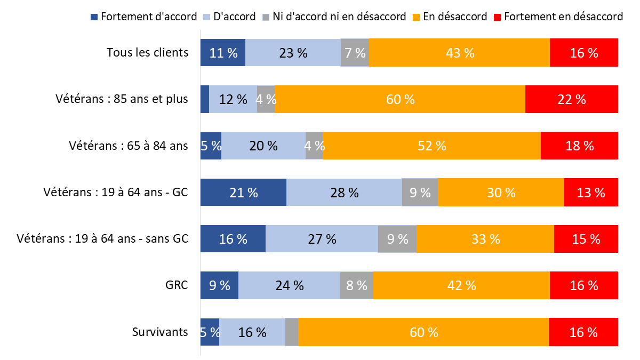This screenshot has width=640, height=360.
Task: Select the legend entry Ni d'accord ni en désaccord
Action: [339, 17]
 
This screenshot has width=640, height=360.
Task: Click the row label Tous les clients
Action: [147, 52]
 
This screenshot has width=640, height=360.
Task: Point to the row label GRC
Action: [177, 285]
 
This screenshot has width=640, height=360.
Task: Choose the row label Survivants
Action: [160, 332]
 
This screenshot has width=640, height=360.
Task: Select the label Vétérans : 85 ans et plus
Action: [122, 99]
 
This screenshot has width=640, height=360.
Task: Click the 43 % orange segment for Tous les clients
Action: [459, 52]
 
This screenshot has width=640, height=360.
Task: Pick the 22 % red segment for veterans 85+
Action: [572, 99]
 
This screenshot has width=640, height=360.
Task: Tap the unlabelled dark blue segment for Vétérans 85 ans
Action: [204, 99]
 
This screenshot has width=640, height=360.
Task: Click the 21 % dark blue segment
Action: [243, 192]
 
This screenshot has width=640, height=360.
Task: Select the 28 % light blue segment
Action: [344, 192]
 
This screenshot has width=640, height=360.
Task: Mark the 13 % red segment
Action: [591, 192]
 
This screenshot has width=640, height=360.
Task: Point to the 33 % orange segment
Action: [485, 238]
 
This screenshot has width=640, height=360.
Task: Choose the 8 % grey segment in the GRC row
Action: [356, 285]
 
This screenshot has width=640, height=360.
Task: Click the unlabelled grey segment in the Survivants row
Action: [292, 332]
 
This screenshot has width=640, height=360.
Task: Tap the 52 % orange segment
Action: [431, 146]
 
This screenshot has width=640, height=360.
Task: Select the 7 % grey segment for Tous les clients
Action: [355, 52]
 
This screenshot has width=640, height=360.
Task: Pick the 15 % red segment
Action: [586, 238]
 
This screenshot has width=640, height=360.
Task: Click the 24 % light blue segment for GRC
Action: [289, 285]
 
